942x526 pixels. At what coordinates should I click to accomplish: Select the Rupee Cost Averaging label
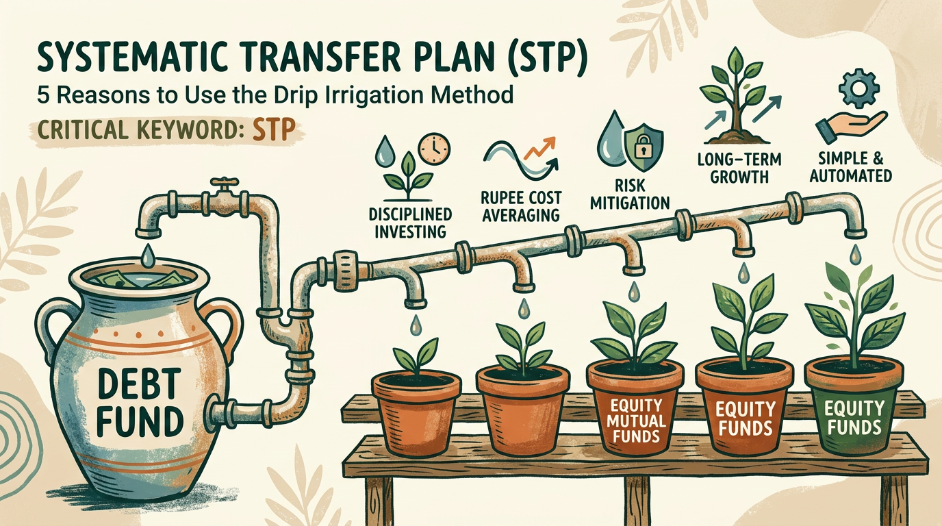pyautogui.click(x=520, y=205)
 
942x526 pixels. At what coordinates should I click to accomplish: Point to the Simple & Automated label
pyautogui.click(x=850, y=166)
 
